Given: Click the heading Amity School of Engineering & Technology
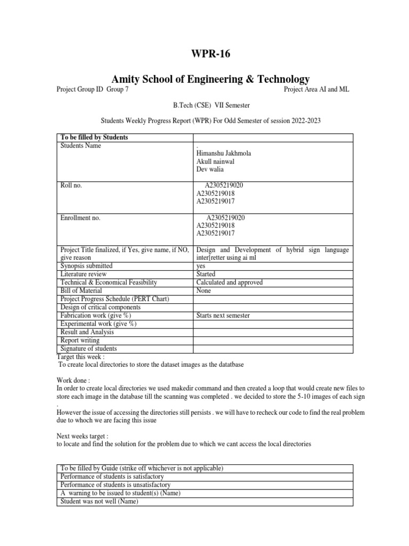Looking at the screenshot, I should tap(204, 79).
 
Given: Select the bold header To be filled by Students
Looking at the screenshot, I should tap(94, 138).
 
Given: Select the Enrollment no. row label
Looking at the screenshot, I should tap(80, 218).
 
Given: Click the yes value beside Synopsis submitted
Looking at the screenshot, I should tap(201, 266).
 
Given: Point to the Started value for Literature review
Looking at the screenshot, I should tap(207, 274).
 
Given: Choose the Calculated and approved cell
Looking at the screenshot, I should tap(229, 283).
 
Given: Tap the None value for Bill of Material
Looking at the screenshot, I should tap(203, 291).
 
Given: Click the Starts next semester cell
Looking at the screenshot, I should tap(223, 316).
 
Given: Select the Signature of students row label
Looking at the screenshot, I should tap(88, 349).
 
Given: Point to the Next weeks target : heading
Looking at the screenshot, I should tap(82, 435).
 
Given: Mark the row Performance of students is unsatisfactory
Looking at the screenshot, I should tap(116, 485).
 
